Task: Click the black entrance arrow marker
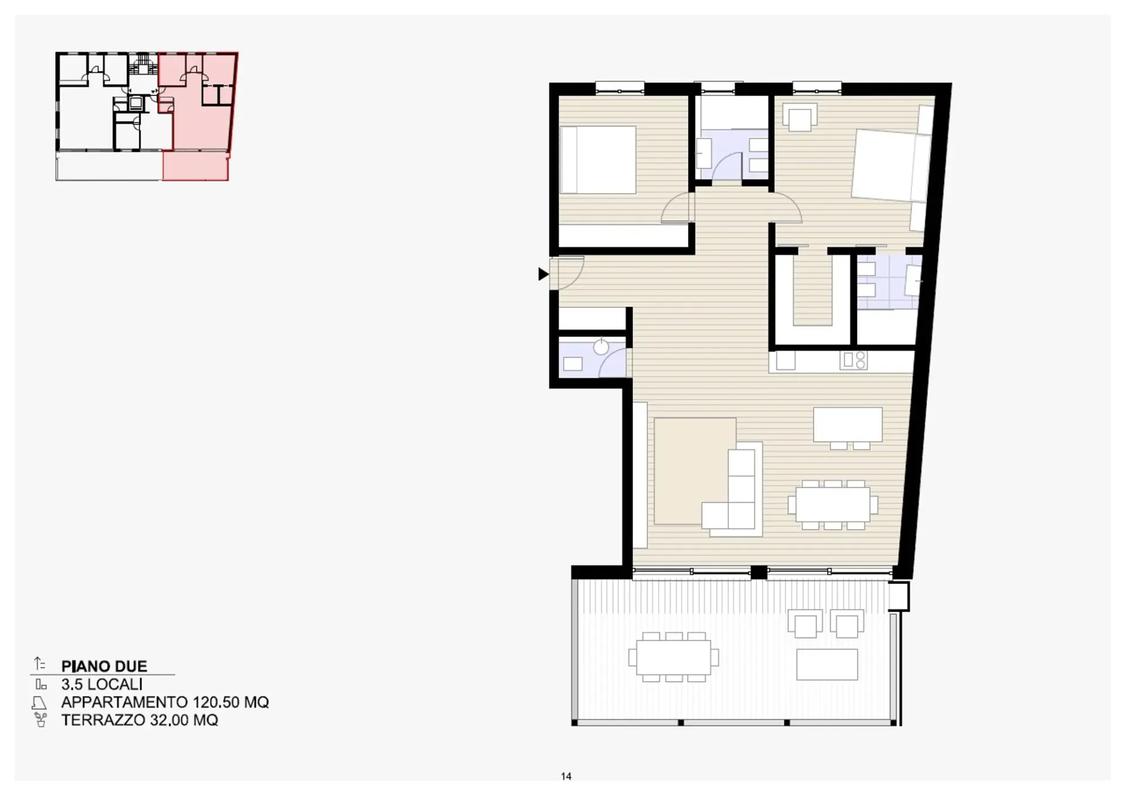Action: point(543,274)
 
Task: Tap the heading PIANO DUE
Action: point(104,666)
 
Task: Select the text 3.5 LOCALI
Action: point(102,684)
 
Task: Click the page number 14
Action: point(566,776)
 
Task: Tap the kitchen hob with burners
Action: point(853,360)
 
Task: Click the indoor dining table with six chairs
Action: point(833,505)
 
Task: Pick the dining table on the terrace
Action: point(673,657)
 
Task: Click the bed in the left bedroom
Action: point(598,160)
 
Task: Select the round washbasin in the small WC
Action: point(601,347)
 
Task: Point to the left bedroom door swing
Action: point(677,208)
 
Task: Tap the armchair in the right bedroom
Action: point(800,118)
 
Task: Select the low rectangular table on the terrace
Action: point(827,664)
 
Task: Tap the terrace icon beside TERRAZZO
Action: point(40,719)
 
